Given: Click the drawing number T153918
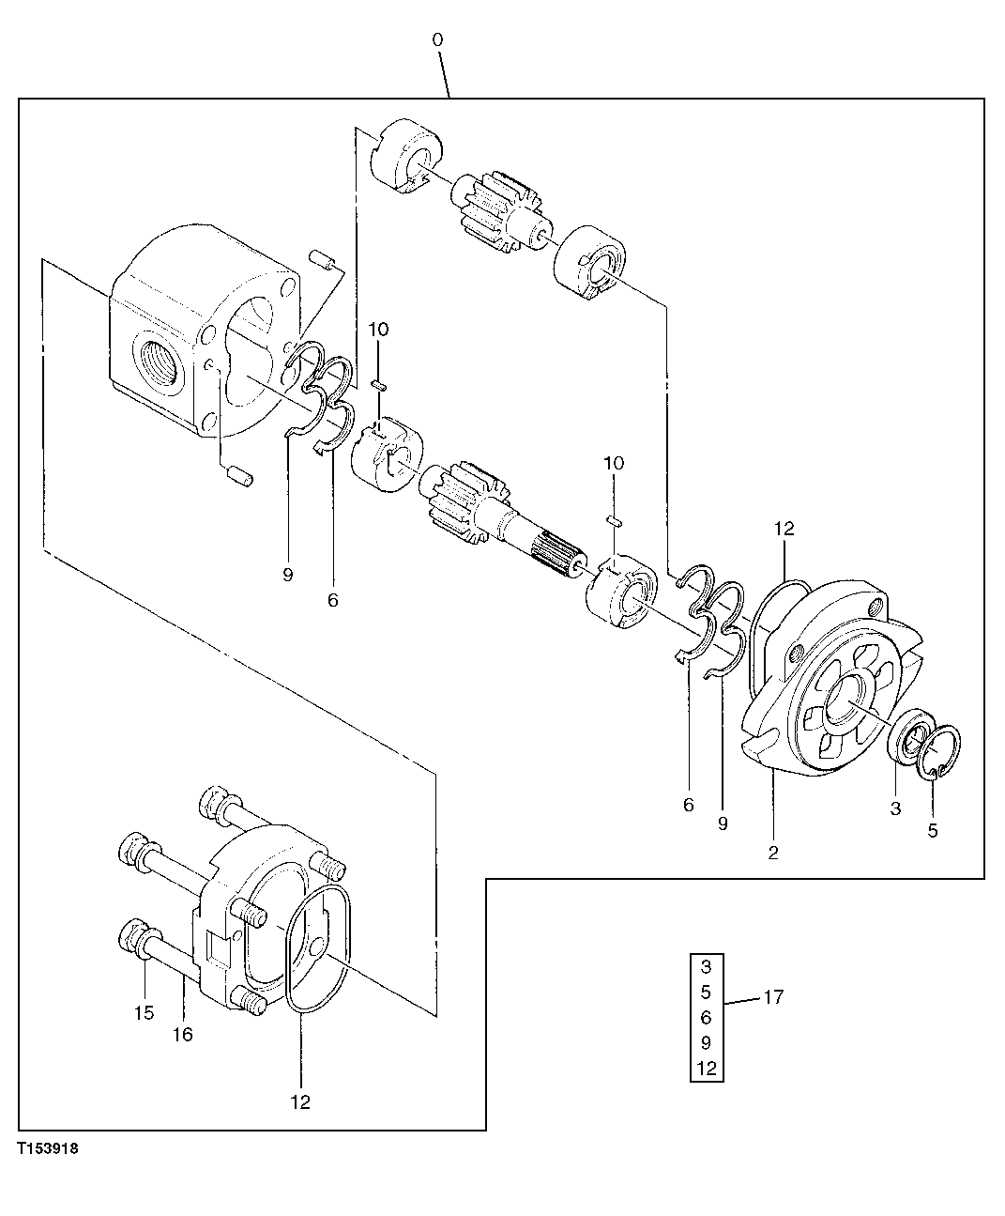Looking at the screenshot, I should pos(47,1147).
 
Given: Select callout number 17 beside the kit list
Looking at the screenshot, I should pos(772,997).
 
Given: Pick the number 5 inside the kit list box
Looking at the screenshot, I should pos(706,992).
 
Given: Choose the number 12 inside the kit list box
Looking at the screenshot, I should pos(707,1068).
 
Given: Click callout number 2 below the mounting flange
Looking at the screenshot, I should pos(772,853).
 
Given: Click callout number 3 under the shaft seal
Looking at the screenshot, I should pos(895,808).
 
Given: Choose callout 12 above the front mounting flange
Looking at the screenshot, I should pos(784,529).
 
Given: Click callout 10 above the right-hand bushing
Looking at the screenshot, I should pos(613,464).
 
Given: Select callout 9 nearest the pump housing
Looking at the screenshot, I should pos(287,575).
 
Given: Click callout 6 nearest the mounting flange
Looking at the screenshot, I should pos(689,805).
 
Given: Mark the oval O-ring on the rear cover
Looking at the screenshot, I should pos(316,948).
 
